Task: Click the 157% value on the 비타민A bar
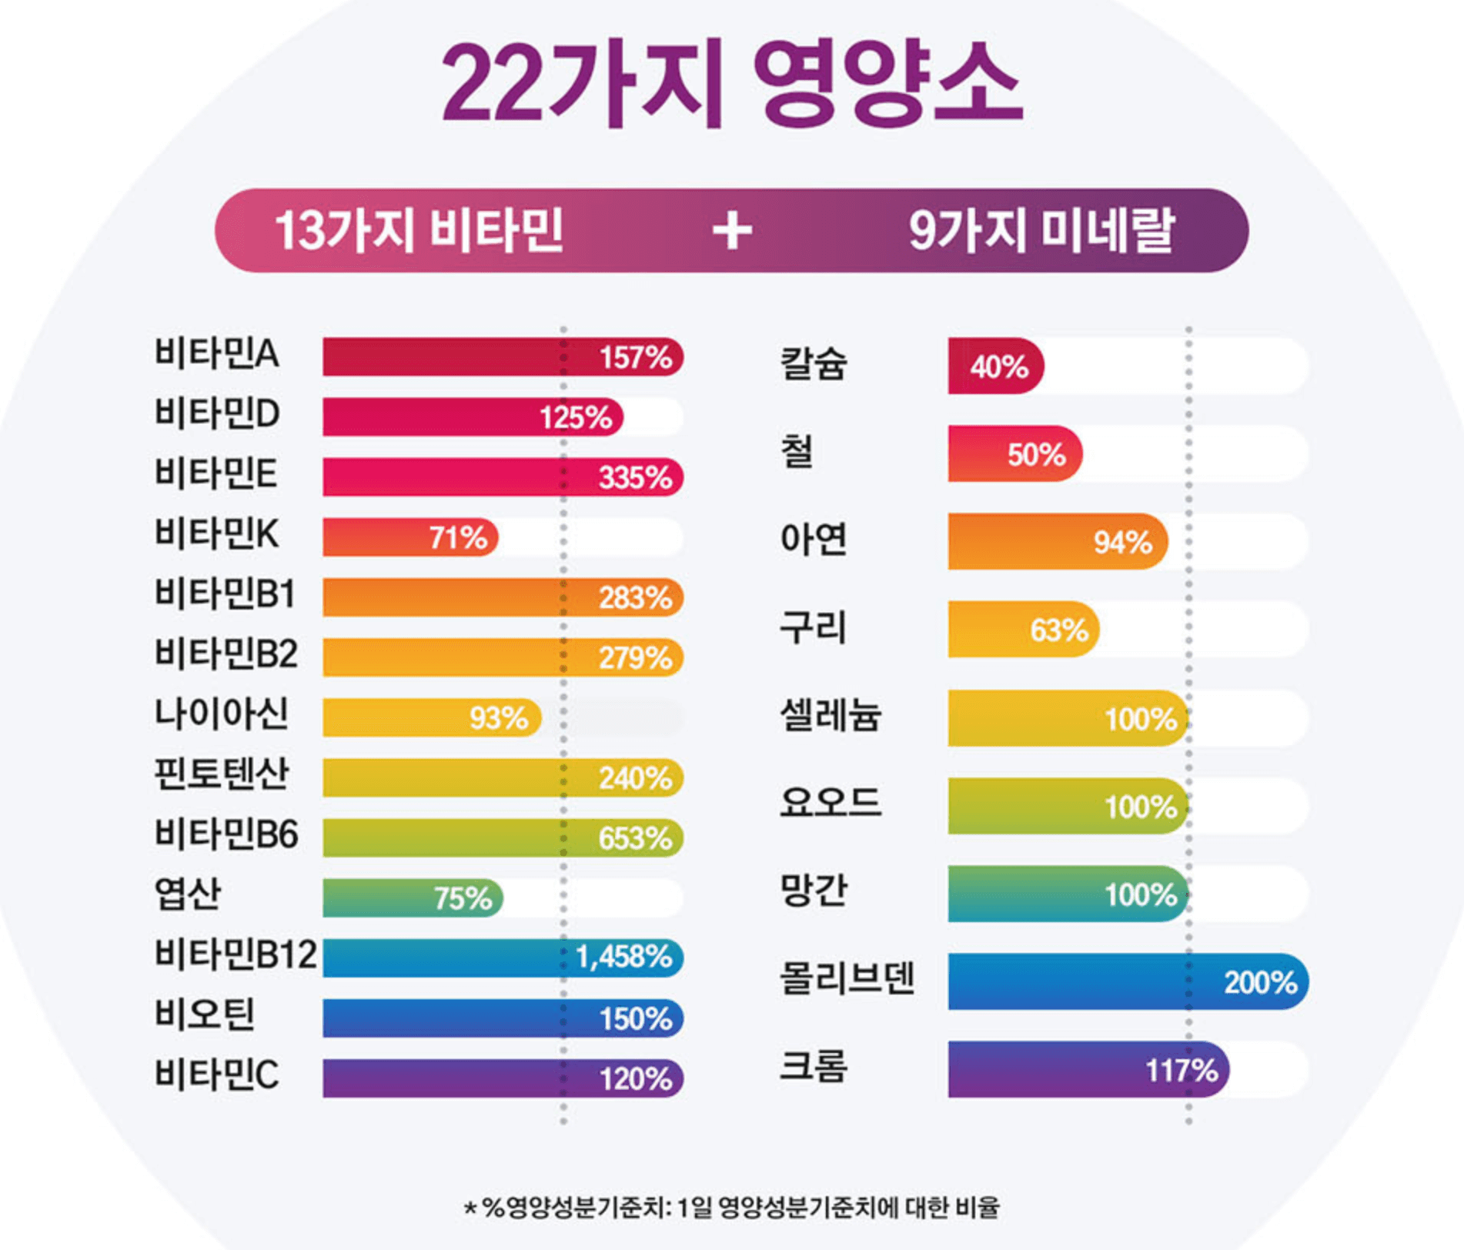tap(635, 358)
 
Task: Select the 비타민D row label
tap(217, 414)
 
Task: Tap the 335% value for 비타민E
tap(635, 478)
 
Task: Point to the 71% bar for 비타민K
tap(410, 537)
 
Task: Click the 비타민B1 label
tap(225, 594)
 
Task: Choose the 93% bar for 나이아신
tap(431, 718)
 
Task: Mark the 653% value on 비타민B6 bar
tap(635, 838)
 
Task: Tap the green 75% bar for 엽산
tap(412, 898)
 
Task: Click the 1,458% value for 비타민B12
tap(623, 958)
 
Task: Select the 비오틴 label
tap(205, 1014)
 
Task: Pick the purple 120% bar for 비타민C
tap(502, 1078)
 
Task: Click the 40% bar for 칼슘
tap(995, 366)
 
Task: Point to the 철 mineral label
tap(797, 452)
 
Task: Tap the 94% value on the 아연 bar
tap(1122, 543)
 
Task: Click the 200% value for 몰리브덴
tap(1260, 983)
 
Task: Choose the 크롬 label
tap(814, 1067)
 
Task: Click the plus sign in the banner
tap(731, 230)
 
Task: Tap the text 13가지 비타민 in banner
tap(419, 231)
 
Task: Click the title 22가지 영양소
tap(731, 85)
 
